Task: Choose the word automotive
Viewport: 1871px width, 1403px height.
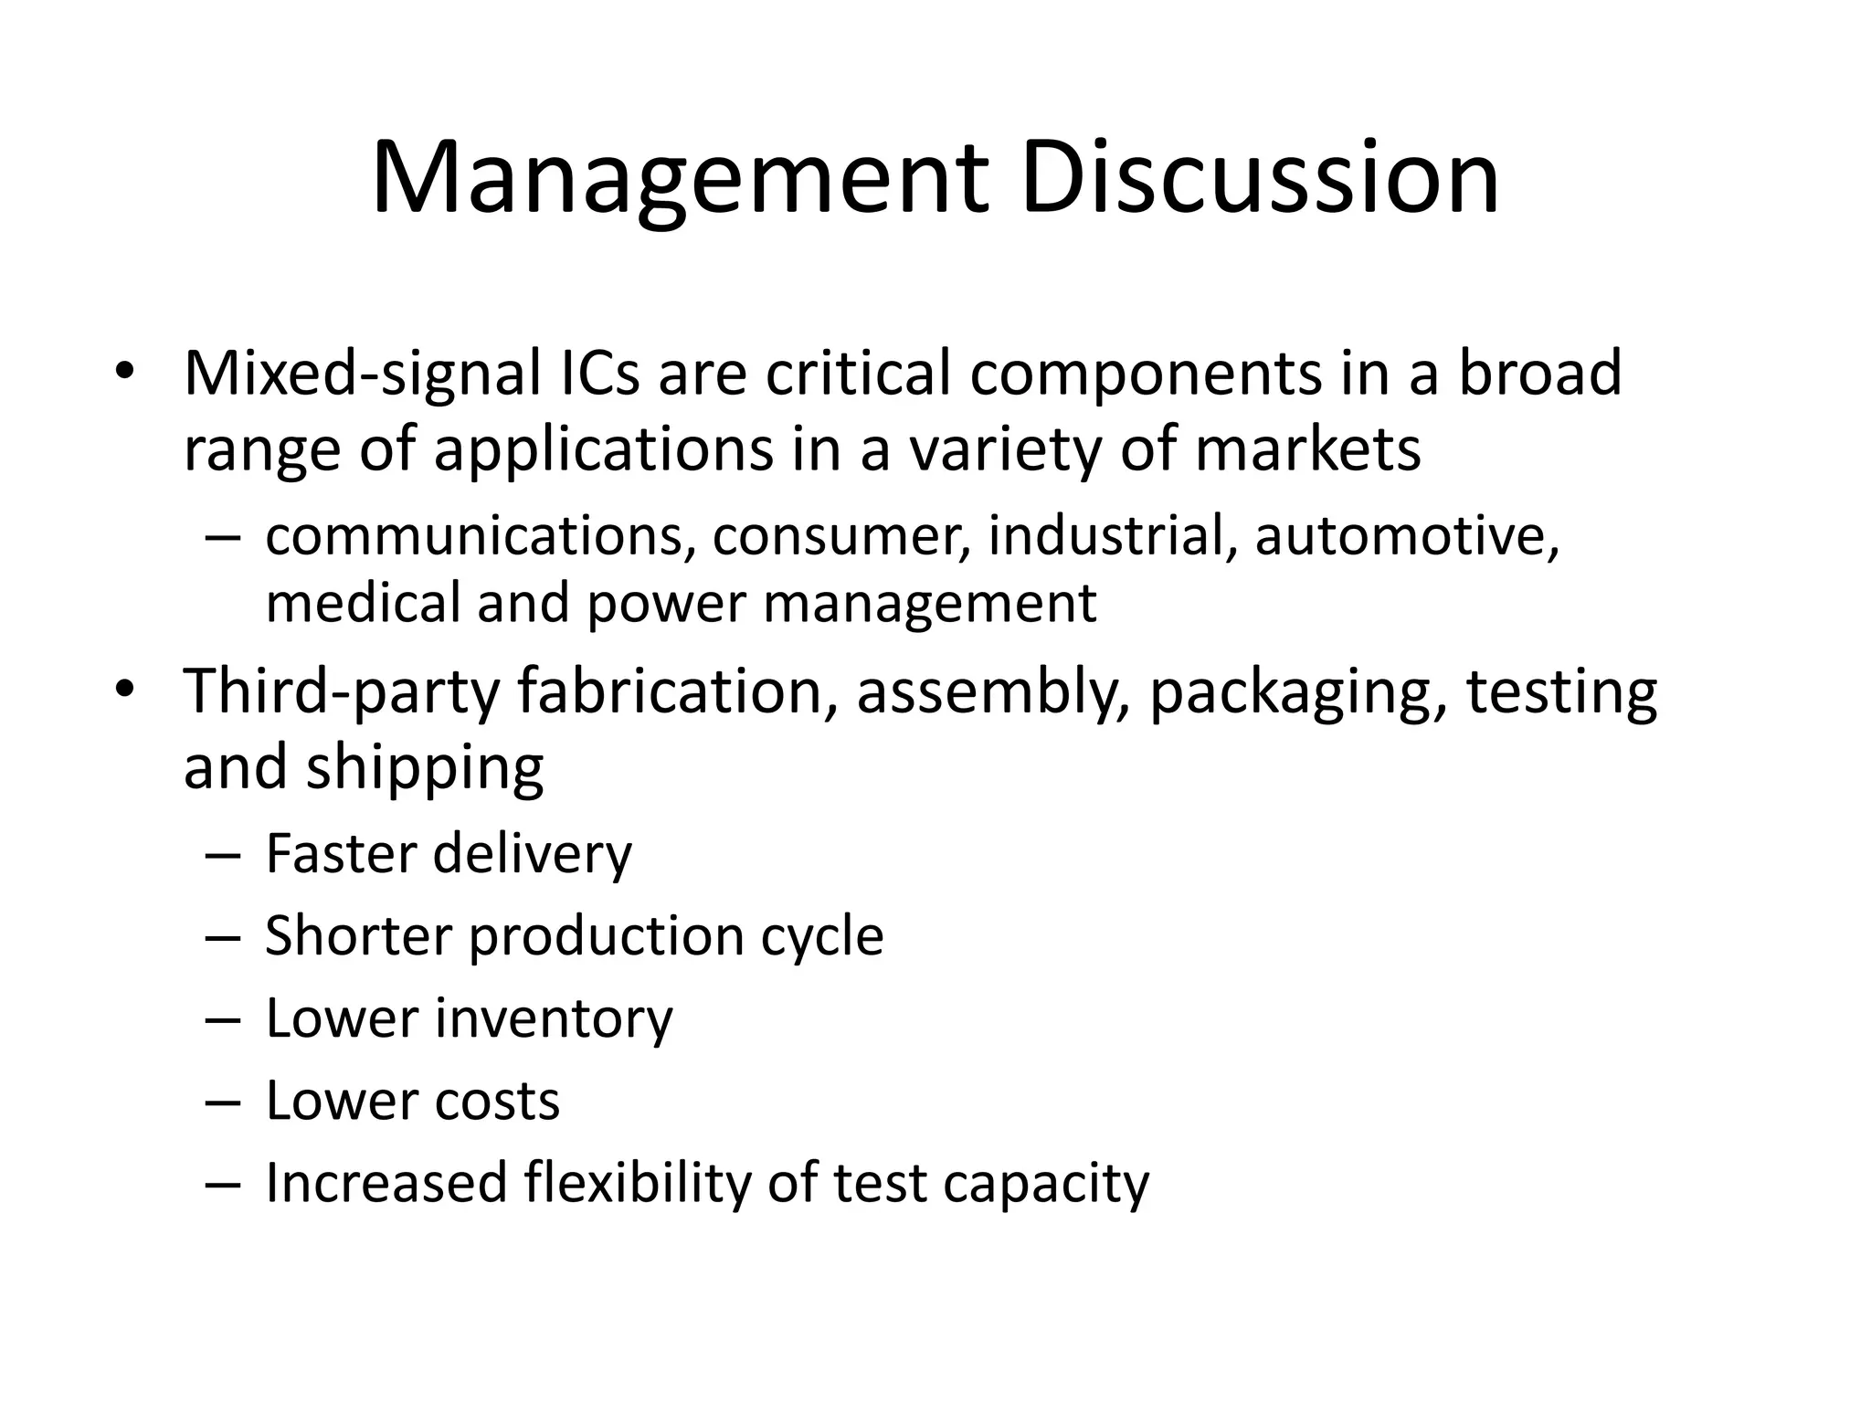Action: coord(1406,535)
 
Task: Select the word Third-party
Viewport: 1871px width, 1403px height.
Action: coord(342,691)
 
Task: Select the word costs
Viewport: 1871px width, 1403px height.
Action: coord(497,1101)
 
